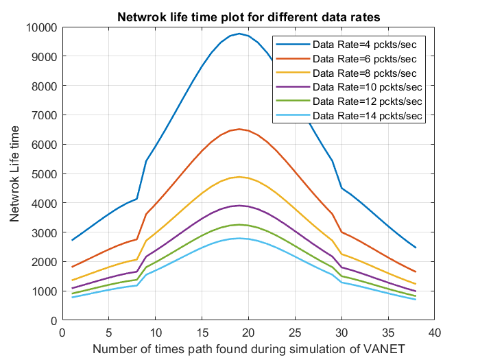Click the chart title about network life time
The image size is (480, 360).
(248, 16)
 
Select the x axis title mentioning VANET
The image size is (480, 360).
(248, 349)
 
